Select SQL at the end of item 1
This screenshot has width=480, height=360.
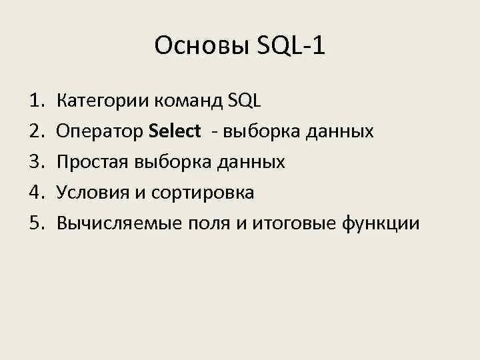[x=245, y=101]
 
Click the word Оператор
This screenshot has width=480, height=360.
[x=100, y=132]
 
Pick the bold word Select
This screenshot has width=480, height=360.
[x=175, y=132]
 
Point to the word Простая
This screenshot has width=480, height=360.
[x=94, y=163]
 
